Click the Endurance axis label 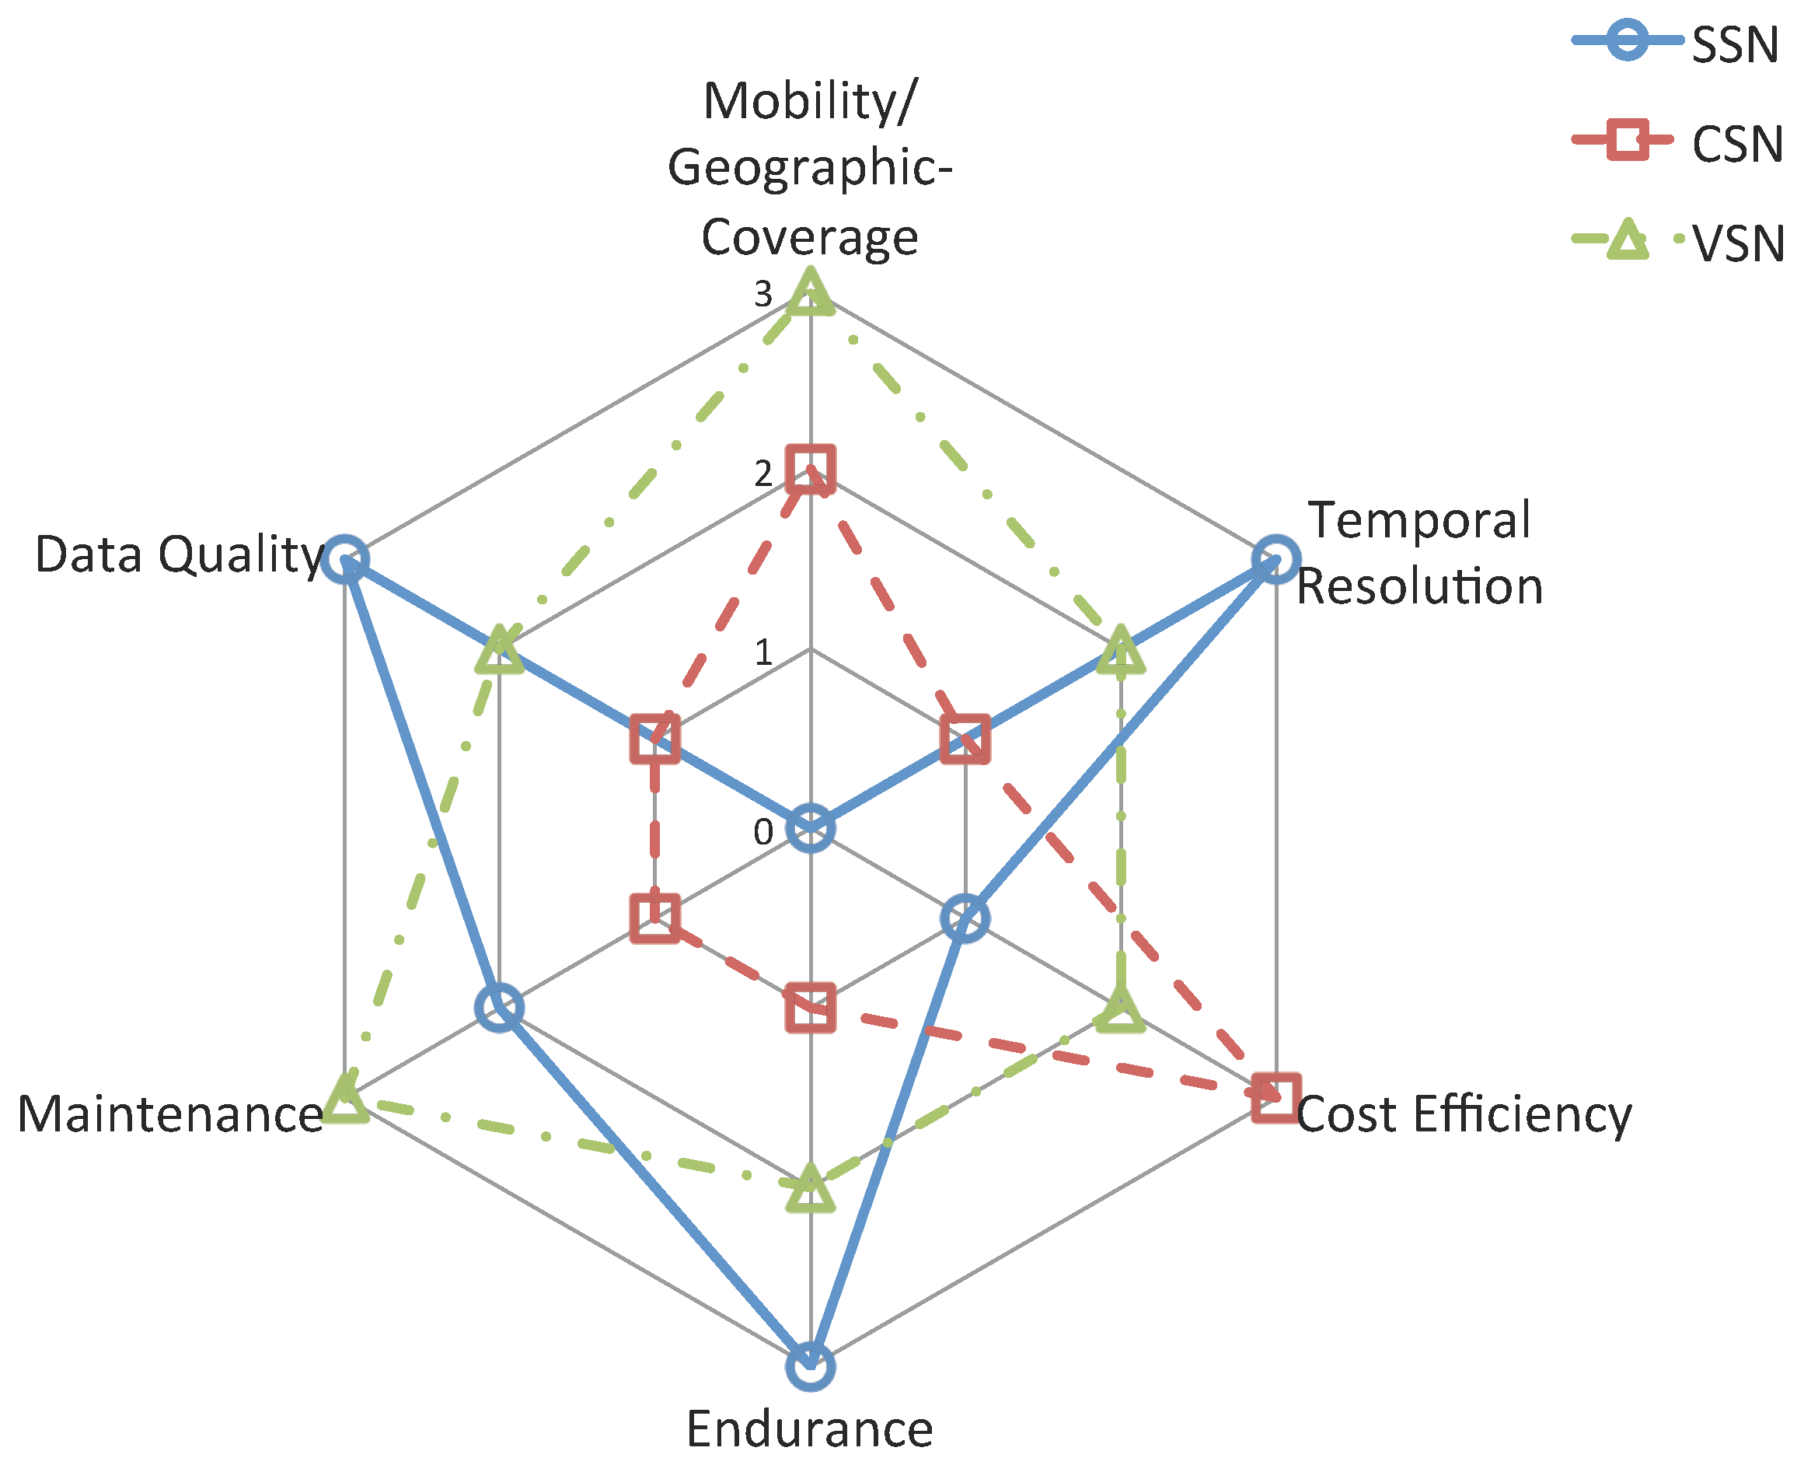(810, 1429)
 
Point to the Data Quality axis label (180, 554)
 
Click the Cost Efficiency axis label (1464, 1114)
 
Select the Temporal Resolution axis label (1419, 553)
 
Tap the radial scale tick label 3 (762, 294)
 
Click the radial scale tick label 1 (763, 652)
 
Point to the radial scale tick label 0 (762, 832)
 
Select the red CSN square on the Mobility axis (810, 468)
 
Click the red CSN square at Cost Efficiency (1275, 1098)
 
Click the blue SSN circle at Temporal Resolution (1275, 558)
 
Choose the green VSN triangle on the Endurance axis (810, 1187)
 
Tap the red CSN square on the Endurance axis (810, 1007)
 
